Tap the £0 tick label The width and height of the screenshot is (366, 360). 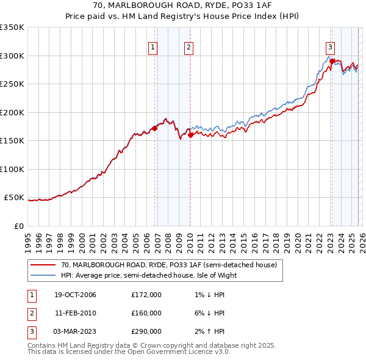point(18,226)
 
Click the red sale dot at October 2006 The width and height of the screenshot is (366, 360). point(154,128)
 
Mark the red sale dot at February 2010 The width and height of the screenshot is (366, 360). point(190,135)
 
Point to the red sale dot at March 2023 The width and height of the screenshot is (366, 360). point(331,61)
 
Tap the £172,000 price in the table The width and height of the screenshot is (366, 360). point(146,295)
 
